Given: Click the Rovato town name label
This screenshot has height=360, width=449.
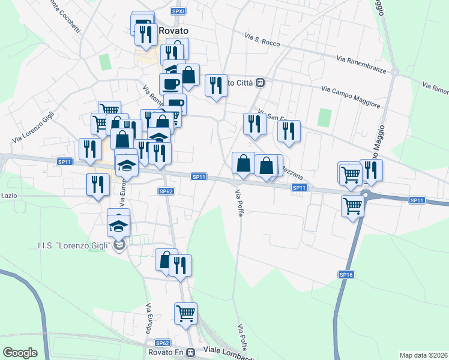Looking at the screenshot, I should coord(173,31).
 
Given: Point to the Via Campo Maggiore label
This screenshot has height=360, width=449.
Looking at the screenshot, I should coord(351,97).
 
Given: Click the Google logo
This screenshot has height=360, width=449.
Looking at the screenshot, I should coord(20,352).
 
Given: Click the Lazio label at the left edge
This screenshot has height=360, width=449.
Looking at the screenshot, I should coord(8,196).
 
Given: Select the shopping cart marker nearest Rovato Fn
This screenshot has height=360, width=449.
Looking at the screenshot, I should coord(186,313).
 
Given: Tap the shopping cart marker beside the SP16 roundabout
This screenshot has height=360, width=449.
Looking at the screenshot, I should coord(353,206).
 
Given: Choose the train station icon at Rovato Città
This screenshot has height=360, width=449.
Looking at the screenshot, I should coord(261,82).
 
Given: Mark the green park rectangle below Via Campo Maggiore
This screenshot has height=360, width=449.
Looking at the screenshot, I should coord(325,117).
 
